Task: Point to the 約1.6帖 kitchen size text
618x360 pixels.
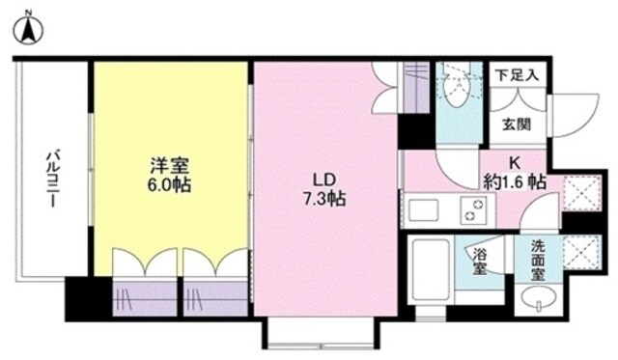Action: click(x=516, y=182)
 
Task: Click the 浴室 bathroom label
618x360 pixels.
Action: click(x=481, y=261)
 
